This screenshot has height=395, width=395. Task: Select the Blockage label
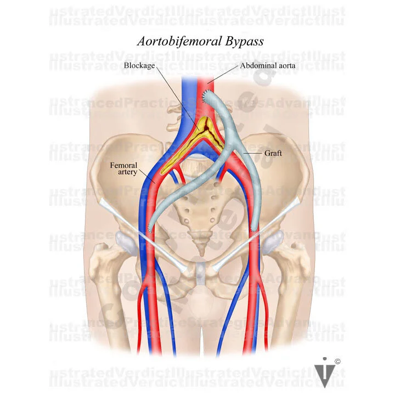(x=139, y=65)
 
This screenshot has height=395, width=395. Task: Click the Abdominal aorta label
(x=262, y=65)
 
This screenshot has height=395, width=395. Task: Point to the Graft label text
(x=273, y=153)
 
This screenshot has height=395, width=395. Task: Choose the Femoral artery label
(x=123, y=168)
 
